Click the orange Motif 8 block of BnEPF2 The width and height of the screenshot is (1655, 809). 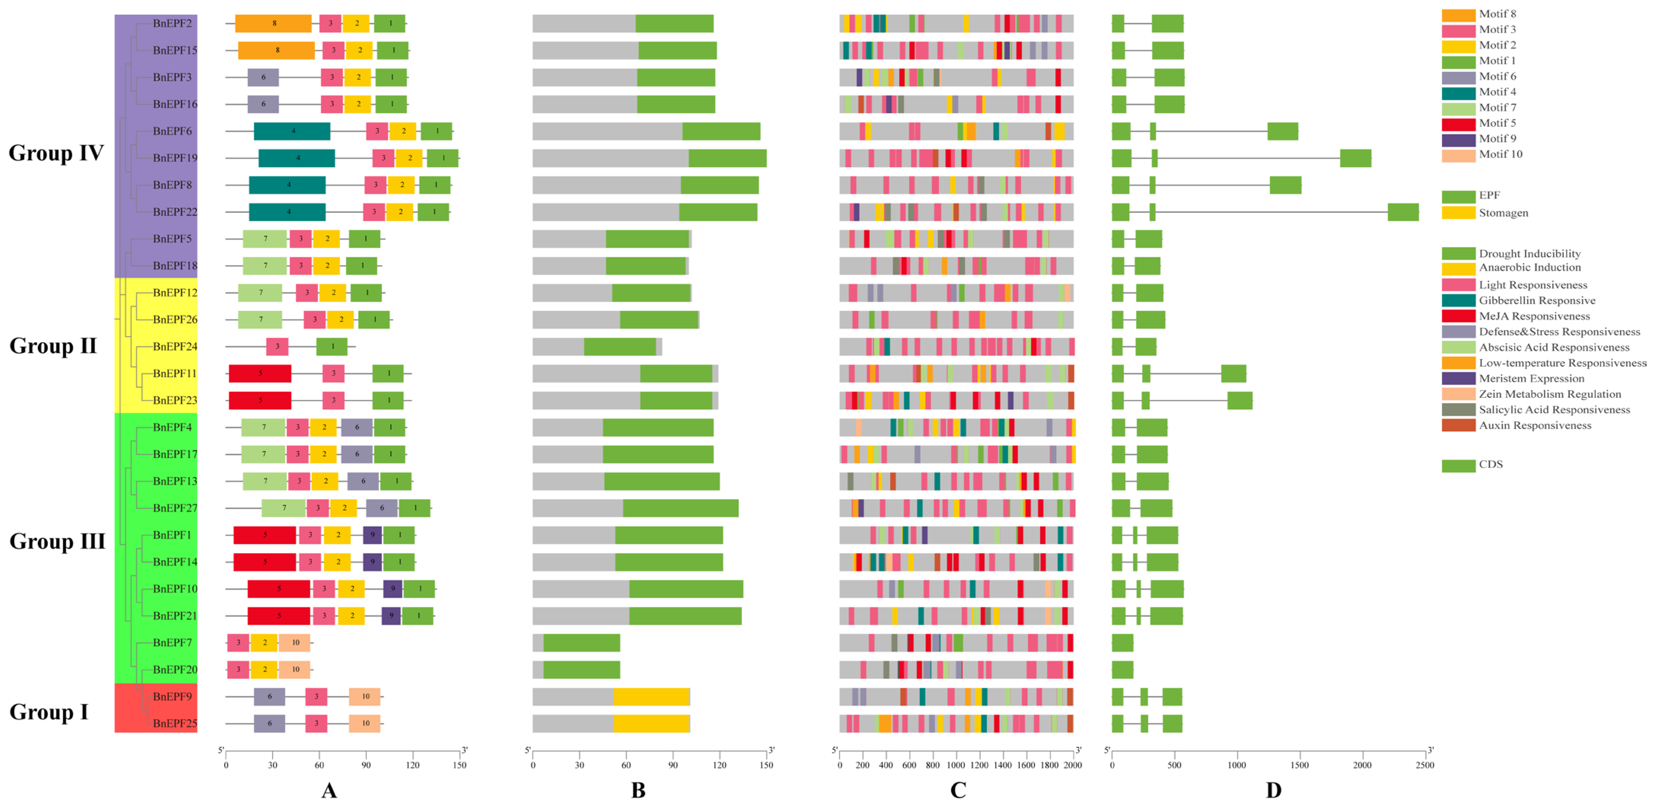(x=273, y=24)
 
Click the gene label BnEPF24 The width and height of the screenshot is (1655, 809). (x=175, y=347)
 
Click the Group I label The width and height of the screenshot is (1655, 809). (x=49, y=712)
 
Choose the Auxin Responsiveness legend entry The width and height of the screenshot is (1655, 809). (x=1534, y=425)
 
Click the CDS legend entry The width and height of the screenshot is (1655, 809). (x=1491, y=464)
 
